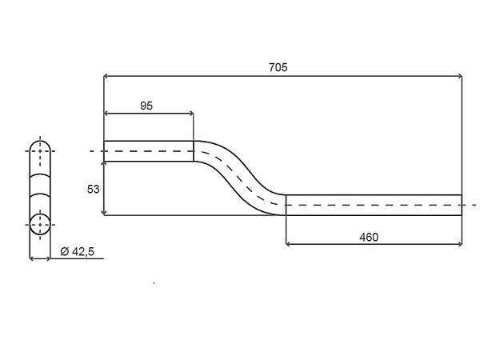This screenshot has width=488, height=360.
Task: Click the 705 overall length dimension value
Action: pos(278,68)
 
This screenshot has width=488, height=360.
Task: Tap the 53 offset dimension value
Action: pos(93,188)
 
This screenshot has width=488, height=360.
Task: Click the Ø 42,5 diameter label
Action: pos(78,251)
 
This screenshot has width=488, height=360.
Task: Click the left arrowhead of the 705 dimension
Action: pos(108,77)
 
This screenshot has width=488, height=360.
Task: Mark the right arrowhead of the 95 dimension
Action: pos(190,114)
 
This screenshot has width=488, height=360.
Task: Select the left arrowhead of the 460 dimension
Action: pos(290,245)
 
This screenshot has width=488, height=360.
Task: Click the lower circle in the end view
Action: pos(39,225)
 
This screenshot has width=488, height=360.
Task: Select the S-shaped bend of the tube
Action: pos(240,177)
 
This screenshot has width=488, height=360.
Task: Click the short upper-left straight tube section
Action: pos(149,151)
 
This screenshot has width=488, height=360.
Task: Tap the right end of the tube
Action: pos(462,205)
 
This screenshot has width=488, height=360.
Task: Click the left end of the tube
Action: pos(105,151)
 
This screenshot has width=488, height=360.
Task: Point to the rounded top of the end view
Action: pos(39,142)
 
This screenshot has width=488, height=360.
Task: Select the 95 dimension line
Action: pos(149,114)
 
